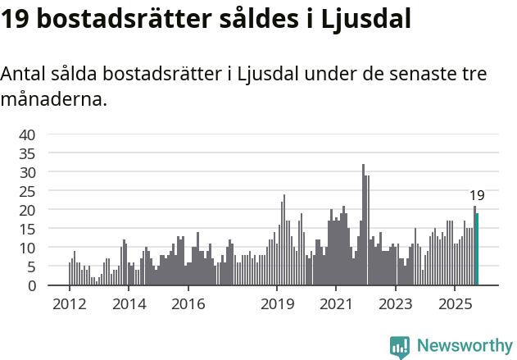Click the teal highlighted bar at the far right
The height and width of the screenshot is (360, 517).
477,250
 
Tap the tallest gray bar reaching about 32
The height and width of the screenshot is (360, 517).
363,226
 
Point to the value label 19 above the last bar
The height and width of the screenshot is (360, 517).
477,195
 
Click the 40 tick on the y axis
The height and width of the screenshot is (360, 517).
27,134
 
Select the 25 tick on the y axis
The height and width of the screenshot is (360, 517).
27,191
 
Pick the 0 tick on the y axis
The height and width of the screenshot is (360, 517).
31,285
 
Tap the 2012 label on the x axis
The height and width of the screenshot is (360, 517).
69,303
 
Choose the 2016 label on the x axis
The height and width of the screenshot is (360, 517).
188,303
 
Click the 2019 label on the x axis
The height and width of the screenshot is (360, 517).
277,303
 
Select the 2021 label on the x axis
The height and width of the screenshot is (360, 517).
336,303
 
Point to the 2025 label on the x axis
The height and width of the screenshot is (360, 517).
455,303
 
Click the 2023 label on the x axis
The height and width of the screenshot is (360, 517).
396,303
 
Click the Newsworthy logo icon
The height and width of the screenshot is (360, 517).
399,347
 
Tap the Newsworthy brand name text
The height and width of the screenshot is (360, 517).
464,346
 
